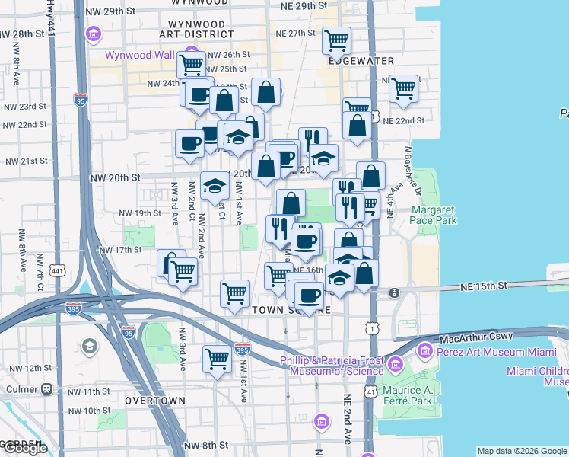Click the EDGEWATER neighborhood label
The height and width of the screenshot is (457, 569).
[362, 60]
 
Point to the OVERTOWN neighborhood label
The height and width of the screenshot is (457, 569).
[154, 400]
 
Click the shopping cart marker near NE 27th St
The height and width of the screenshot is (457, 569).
[336, 39]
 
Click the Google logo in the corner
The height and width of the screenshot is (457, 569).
[24, 448]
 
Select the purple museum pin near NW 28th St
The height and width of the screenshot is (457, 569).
[94, 34]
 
